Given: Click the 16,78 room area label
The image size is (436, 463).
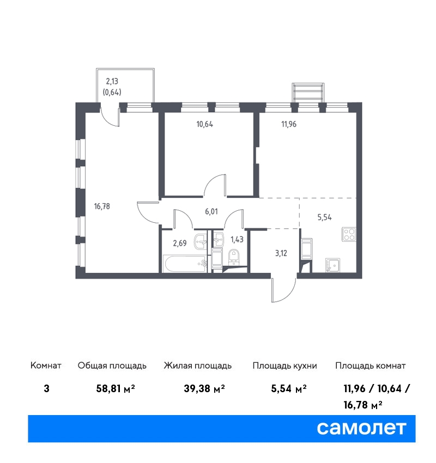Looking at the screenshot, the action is click(x=102, y=206).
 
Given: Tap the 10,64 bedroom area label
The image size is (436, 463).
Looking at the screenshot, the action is click(x=205, y=124).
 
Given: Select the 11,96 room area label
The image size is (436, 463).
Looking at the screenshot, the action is click(x=289, y=124).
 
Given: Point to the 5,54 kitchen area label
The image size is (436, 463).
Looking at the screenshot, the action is click(x=324, y=217).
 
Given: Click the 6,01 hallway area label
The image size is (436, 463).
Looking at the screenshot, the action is click(x=211, y=211).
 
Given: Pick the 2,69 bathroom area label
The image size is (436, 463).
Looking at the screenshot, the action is click(x=180, y=243).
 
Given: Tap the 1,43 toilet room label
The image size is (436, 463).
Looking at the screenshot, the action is click(x=237, y=240).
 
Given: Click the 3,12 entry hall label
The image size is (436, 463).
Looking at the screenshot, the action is click(x=281, y=253).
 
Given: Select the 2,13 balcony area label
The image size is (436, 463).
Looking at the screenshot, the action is click(x=112, y=81).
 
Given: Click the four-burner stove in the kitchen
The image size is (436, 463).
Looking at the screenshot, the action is click(x=349, y=234).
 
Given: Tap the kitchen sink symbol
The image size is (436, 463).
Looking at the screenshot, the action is click(x=332, y=265).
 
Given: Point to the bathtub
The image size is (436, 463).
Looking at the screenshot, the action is click(x=185, y=264).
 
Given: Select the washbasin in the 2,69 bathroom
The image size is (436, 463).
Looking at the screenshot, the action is click(x=201, y=241).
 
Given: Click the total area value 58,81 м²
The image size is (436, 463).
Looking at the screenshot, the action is click(x=116, y=388).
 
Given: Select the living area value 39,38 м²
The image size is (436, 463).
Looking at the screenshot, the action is click(x=204, y=388).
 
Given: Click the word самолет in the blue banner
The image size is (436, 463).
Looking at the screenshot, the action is click(x=361, y=429).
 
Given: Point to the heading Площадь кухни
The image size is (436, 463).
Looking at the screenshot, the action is click(x=284, y=366).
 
